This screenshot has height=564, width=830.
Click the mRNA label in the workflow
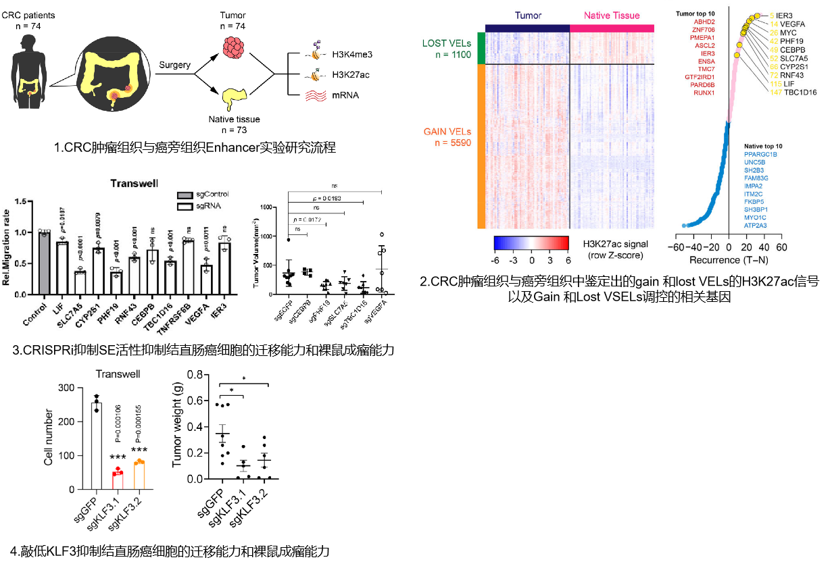click(345, 95)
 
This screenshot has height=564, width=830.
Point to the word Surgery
click(174, 65)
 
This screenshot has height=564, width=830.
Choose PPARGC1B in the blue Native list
click(760, 155)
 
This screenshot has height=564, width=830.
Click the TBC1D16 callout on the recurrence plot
click(800, 92)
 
